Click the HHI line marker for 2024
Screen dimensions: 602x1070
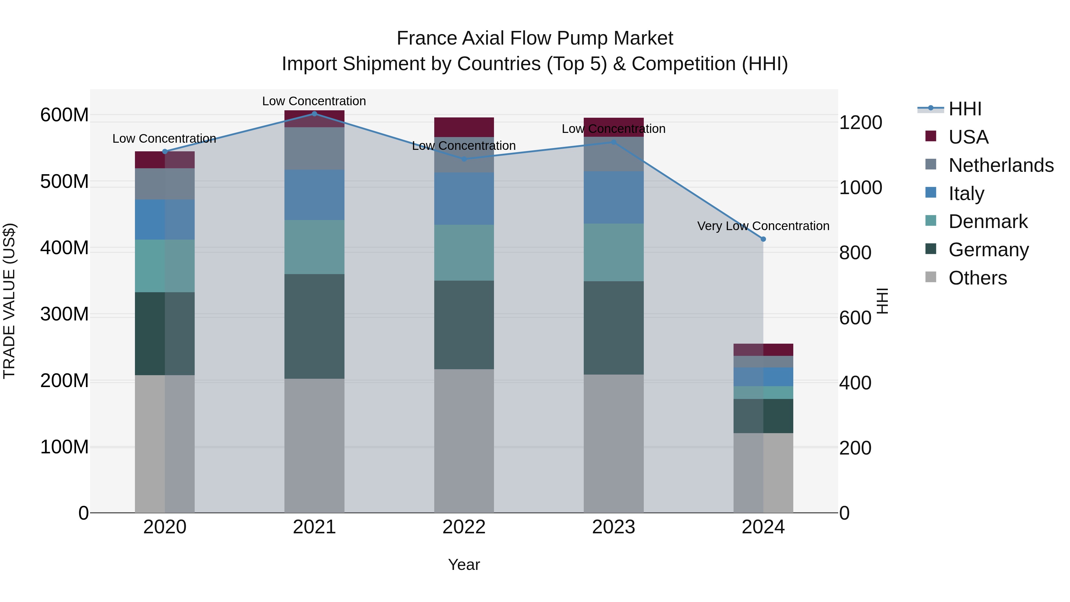(x=763, y=239)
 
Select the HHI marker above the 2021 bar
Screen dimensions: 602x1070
(x=314, y=114)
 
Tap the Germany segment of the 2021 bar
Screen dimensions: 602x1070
(x=314, y=326)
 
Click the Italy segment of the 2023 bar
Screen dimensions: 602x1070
(x=613, y=197)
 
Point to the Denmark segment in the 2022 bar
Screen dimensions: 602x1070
(x=464, y=253)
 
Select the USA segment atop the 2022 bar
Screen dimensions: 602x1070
(x=464, y=127)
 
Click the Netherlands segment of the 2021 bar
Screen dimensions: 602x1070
(x=314, y=148)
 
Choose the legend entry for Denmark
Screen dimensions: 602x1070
(x=988, y=221)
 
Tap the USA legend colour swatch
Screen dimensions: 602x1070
(x=931, y=136)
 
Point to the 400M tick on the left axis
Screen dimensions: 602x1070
(x=64, y=248)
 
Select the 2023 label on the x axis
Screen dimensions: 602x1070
(x=613, y=527)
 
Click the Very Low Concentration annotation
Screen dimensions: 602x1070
(x=763, y=226)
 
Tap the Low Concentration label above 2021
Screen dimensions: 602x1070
(x=314, y=101)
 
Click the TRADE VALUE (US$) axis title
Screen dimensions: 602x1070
(x=9, y=301)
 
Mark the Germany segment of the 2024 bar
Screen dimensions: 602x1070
(x=763, y=416)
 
